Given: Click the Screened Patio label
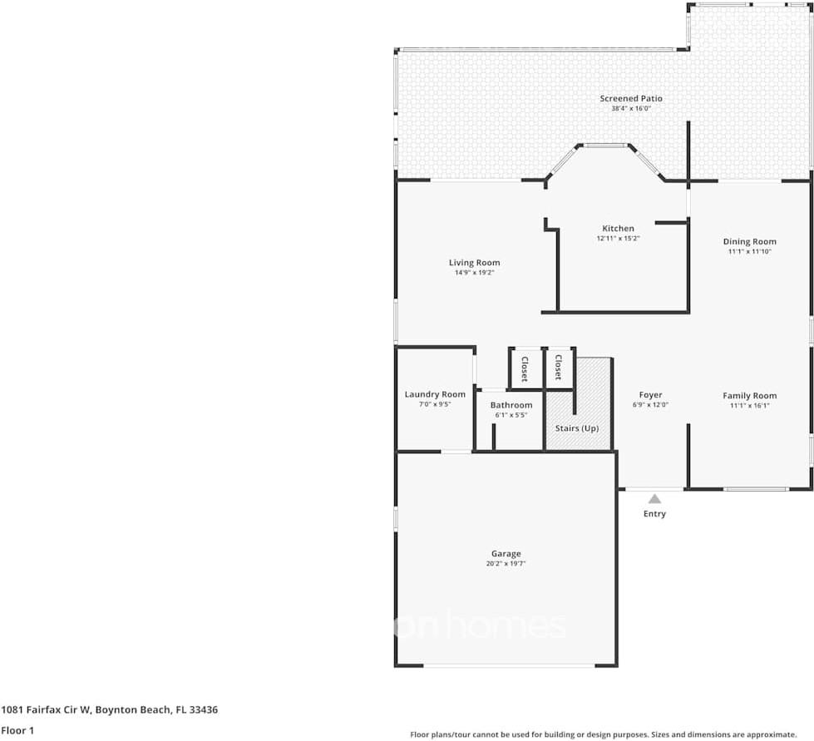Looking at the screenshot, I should (x=631, y=98).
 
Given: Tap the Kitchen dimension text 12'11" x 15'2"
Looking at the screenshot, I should (x=618, y=239).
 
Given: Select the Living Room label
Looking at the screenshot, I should (x=474, y=263).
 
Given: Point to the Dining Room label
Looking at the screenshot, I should (x=749, y=242).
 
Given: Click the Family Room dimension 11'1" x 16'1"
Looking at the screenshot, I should (x=749, y=406).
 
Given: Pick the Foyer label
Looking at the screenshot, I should (x=650, y=395).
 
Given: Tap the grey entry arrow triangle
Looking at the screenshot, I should (x=654, y=499).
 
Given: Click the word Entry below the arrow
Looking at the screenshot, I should (x=654, y=514).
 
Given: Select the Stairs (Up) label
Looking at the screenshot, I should (x=577, y=428).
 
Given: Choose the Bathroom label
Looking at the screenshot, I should (x=511, y=405).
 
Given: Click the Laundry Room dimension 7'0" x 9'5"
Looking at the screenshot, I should (x=435, y=404).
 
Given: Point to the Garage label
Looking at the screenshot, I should (x=506, y=554).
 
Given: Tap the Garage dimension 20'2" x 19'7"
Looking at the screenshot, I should (x=506, y=564).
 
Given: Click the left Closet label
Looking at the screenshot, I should (x=525, y=368).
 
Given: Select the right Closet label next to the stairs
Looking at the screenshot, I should (x=559, y=367).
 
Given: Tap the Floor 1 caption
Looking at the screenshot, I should (x=18, y=730).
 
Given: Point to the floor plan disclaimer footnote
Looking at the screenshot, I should (x=603, y=734).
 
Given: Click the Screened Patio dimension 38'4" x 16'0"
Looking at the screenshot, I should (x=631, y=108).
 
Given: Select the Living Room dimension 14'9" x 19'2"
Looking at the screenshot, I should (x=474, y=273).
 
